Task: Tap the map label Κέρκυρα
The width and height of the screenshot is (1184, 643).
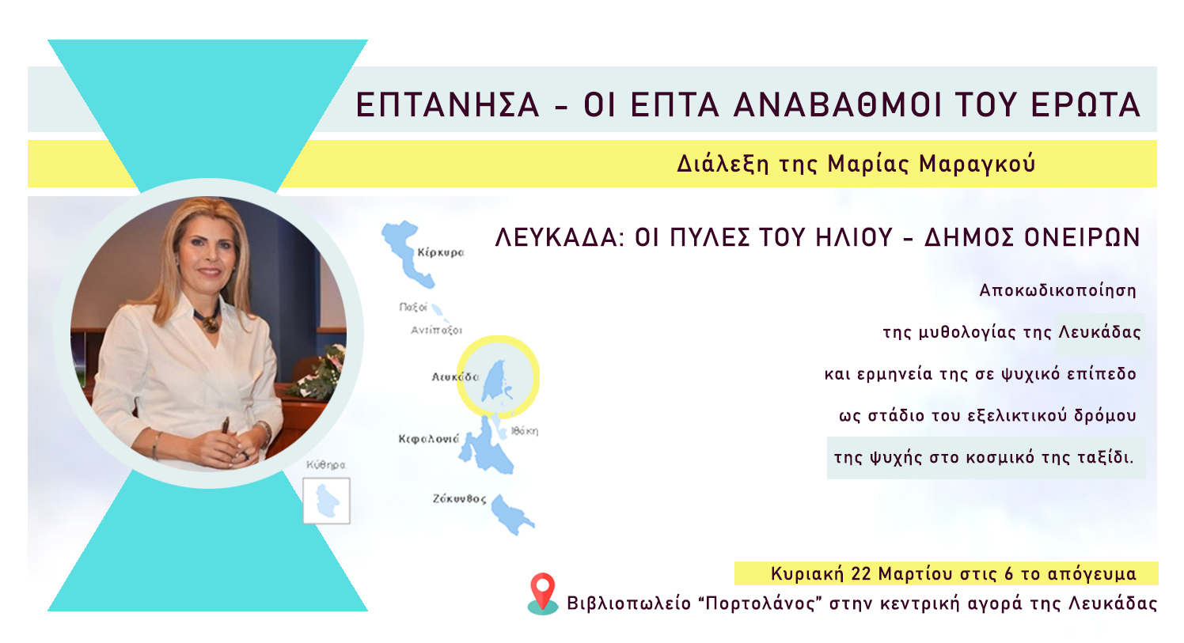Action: [x=441, y=253]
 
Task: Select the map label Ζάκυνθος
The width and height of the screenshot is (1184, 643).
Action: [x=459, y=499]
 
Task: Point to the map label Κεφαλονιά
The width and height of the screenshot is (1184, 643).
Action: [x=428, y=439]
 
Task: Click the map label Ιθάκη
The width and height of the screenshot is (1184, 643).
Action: [x=525, y=431]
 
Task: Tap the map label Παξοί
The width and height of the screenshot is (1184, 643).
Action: [x=413, y=307]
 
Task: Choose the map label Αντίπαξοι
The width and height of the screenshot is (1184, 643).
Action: [x=436, y=331]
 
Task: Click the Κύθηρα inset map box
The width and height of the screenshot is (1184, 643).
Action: [x=326, y=501]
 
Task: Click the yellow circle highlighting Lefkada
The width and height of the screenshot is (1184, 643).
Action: [x=499, y=376]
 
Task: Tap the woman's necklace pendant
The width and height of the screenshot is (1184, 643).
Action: [x=208, y=323]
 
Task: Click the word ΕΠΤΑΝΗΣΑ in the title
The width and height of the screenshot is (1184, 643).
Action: [x=447, y=105]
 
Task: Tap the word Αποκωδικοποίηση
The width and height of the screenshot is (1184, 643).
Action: [x=1057, y=290]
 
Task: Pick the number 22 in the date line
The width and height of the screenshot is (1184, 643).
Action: [x=861, y=573]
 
